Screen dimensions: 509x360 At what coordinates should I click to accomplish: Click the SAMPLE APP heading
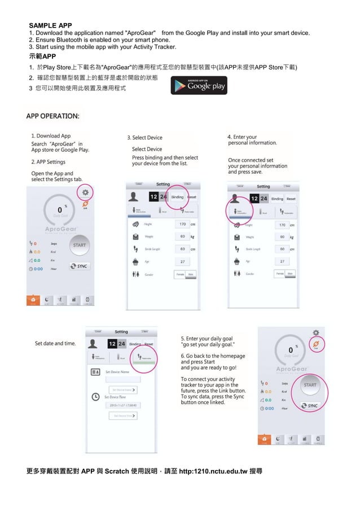(50, 25)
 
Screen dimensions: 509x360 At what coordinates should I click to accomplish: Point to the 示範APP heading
(42, 57)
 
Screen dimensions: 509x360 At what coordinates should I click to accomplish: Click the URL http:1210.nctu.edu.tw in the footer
(213, 471)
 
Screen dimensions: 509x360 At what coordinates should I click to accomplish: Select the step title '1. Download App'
(51, 136)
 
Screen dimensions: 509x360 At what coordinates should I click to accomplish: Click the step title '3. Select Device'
(144, 138)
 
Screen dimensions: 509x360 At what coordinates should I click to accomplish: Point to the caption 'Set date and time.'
(55, 343)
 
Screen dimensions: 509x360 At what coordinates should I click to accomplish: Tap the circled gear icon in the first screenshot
(86, 192)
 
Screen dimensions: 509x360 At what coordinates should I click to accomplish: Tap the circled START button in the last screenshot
(310, 385)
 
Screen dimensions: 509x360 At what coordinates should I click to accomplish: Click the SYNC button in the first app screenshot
(80, 266)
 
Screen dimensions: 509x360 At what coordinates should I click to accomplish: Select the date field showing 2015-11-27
(122, 405)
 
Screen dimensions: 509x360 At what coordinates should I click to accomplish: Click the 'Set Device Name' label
(117, 372)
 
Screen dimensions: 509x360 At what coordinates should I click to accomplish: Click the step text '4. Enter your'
(242, 137)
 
